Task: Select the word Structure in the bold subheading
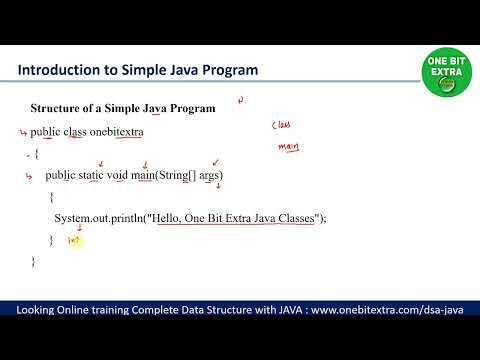click(56, 108)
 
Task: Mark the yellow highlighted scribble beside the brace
click(73, 241)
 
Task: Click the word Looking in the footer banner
click(38, 311)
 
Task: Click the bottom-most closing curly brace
click(33, 261)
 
